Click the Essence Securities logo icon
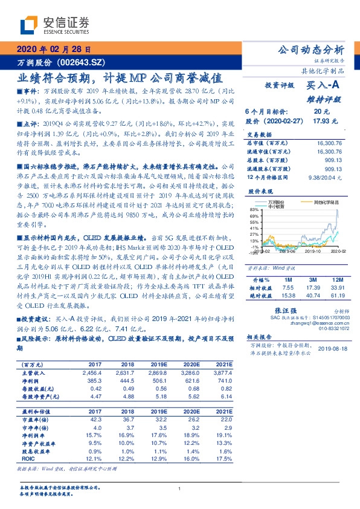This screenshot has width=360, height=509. (30, 24)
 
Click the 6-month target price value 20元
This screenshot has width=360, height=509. (321, 112)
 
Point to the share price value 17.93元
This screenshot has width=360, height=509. (321, 121)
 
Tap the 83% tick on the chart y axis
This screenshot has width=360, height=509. (252, 209)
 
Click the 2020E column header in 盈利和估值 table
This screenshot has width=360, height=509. (193, 411)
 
